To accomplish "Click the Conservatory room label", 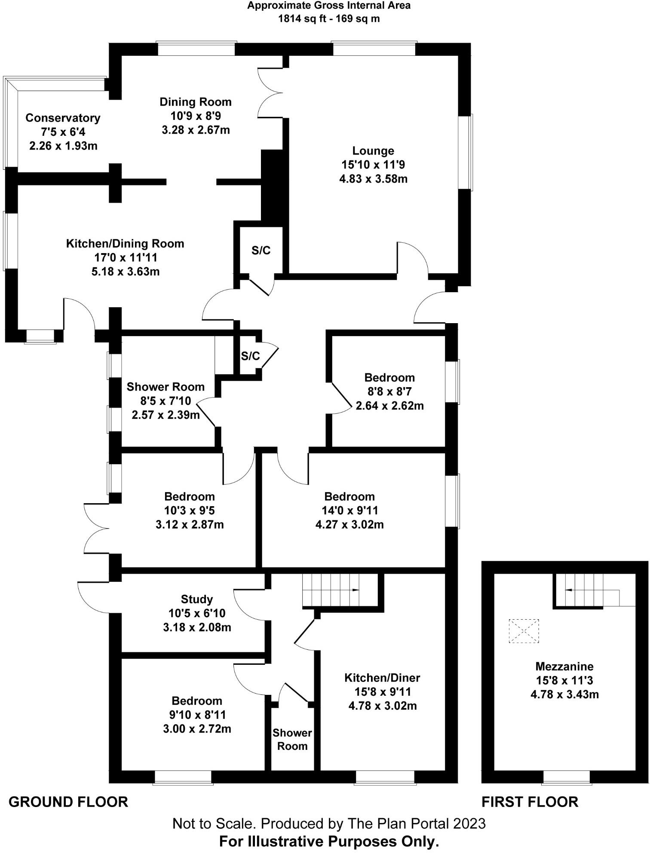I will click(x=63, y=118).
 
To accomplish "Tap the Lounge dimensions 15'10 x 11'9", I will click(x=373, y=165).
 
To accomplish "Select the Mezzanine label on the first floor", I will click(x=564, y=667).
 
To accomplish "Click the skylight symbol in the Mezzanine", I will click(x=524, y=631).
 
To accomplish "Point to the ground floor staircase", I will click(x=331, y=590).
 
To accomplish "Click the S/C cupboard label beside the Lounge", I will click(x=261, y=251).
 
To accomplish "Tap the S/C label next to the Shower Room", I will click(x=250, y=356).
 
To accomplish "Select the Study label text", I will click(x=197, y=599).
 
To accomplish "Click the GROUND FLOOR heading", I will click(x=68, y=802).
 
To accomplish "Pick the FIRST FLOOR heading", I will click(x=530, y=802).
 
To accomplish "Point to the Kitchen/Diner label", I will click(x=382, y=678).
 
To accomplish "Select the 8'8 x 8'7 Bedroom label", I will click(x=389, y=391).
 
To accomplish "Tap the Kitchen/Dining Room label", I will click(x=125, y=244).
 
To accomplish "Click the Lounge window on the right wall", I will click(x=466, y=152).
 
